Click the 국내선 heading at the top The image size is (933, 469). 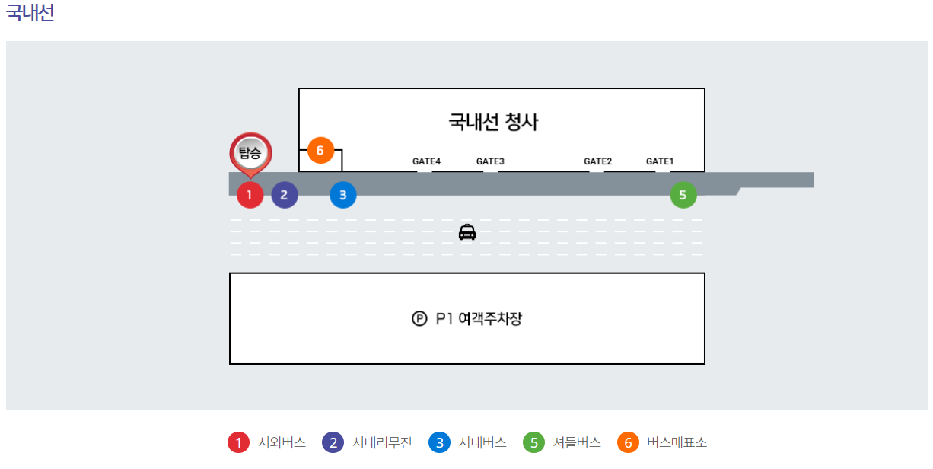(x=30, y=14)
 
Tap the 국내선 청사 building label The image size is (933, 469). (x=493, y=122)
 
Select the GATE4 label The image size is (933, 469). (x=426, y=161)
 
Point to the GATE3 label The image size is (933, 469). (x=490, y=161)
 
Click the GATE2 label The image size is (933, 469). (x=597, y=161)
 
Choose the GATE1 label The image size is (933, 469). (x=660, y=161)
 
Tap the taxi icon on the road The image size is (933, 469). (x=467, y=232)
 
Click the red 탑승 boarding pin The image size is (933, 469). (x=250, y=153)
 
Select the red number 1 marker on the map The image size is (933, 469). (x=250, y=195)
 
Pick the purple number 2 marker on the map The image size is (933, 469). (x=284, y=195)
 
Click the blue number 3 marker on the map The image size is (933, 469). (x=342, y=195)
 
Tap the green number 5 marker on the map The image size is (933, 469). (x=683, y=195)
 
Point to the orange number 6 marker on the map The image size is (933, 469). (x=320, y=151)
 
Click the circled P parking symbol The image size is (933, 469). (x=419, y=319)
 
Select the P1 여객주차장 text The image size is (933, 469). (x=479, y=319)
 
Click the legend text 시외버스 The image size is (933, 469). (x=282, y=442)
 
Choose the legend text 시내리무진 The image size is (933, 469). (x=382, y=442)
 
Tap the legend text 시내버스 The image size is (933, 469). (x=482, y=442)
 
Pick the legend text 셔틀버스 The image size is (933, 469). (x=577, y=442)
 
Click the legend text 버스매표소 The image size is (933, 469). (x=677, y=442)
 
